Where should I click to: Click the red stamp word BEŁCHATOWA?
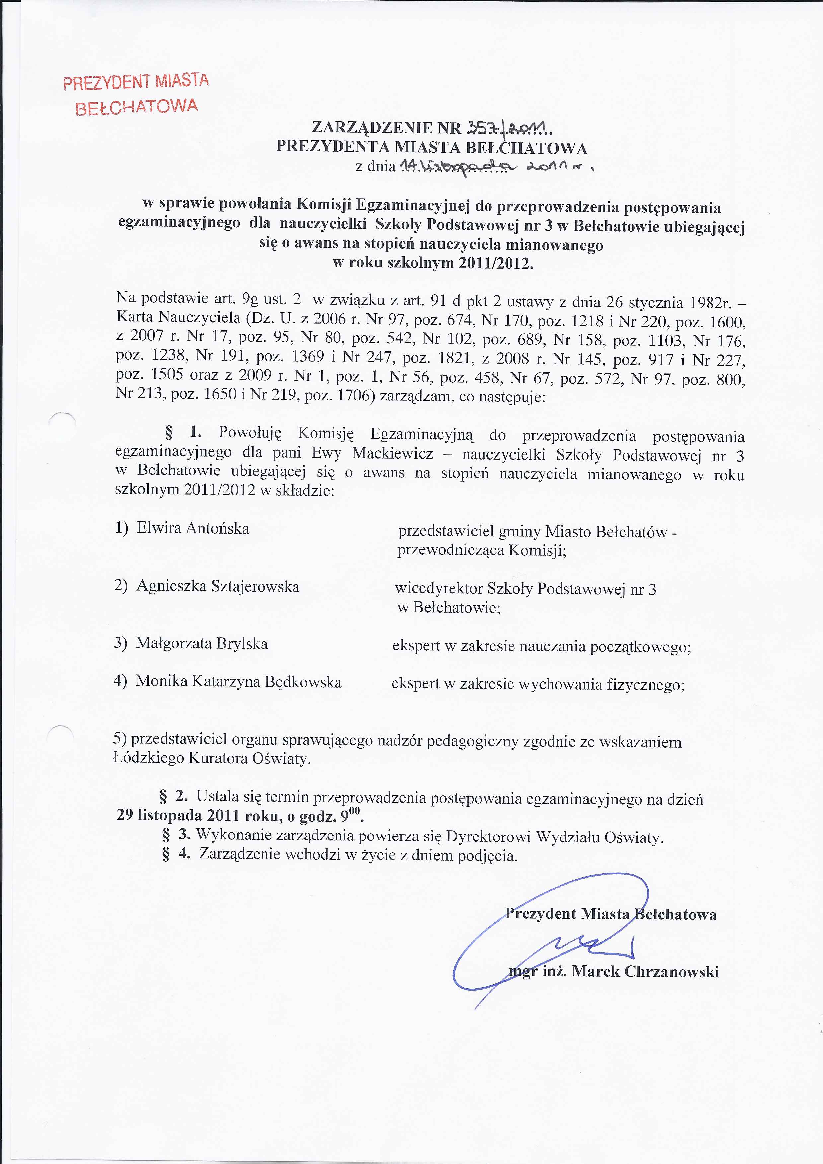[x=136, y=107]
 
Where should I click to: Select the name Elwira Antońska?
[x=193, y=528]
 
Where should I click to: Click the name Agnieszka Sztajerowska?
[x=218, y=587]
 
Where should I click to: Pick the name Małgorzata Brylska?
[x=202, y=644]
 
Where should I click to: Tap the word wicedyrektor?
[x=438, y=589]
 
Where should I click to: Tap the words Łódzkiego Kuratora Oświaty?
[x=211, y=759]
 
